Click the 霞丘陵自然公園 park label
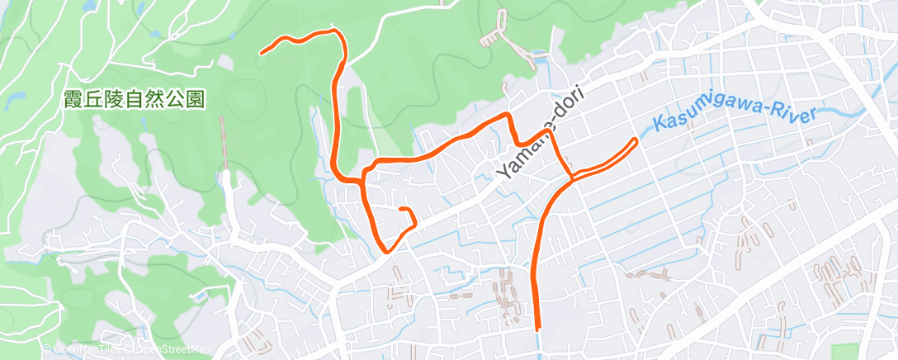coord(134,99)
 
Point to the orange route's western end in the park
coord(262,54)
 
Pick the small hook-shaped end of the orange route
coord(402,211)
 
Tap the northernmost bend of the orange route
coord(333,31)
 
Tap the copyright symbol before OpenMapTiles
coord(47,350)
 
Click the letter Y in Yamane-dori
coord(504,175)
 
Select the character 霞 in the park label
coord(72,99)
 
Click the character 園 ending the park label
coord(196,99)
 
